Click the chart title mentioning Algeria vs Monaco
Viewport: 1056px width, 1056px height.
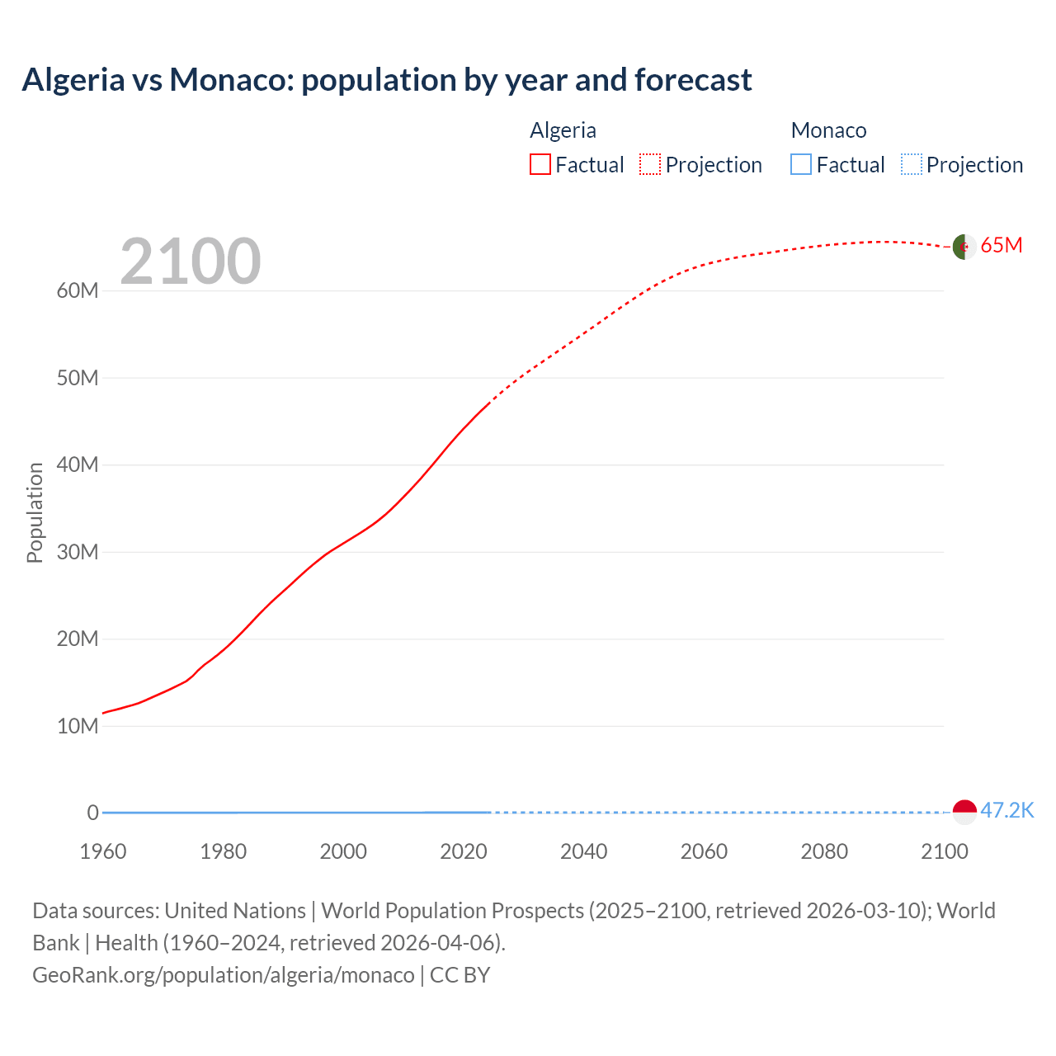[386, 80]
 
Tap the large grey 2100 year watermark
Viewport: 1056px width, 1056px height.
[191, 262]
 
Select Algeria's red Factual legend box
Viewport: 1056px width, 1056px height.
[540, 165]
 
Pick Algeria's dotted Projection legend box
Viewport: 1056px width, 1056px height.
[650, 165]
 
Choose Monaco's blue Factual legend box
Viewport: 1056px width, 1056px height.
[801, 165]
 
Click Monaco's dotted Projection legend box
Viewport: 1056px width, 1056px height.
[912, 165]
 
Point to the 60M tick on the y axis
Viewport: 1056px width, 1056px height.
[78, 291]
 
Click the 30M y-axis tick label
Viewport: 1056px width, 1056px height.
[78, 552]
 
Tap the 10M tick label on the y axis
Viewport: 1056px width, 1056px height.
[78, 726]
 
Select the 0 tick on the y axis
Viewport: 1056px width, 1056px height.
[92, 813]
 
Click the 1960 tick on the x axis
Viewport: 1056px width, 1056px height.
[103, 851]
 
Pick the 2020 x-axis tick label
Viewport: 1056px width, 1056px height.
[464, 851]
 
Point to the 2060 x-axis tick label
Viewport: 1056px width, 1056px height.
[704, 851]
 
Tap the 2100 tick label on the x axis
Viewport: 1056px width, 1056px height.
[944, 851]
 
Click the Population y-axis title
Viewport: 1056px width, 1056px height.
[35, 512]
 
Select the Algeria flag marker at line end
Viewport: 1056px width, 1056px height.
[964, 247]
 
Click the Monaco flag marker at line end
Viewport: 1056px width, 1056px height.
[964, 812]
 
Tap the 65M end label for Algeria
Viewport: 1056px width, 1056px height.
[1002, 246]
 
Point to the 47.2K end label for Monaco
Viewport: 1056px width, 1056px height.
[1006, 811]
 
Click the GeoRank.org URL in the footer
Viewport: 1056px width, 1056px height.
[224, 975]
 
